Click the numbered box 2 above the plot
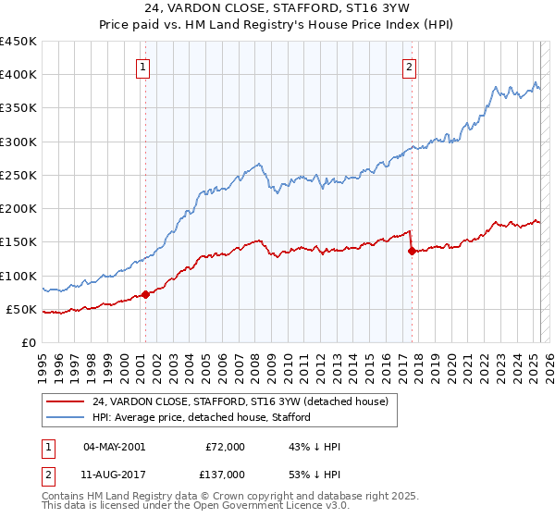[x=409, y=67]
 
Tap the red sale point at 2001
[x=145, y=295]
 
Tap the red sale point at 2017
[x=412, y=251]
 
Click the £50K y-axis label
[x=23, y=309]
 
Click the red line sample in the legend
[x=66, y=401]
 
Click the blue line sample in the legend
[x=66, y=417]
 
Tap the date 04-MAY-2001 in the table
[x=114, y=447]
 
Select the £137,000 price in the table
[x=225, y=475]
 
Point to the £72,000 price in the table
[x=225, y=447]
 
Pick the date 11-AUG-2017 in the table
[x=114, y=475]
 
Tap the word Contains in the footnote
[x=63, y=497]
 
